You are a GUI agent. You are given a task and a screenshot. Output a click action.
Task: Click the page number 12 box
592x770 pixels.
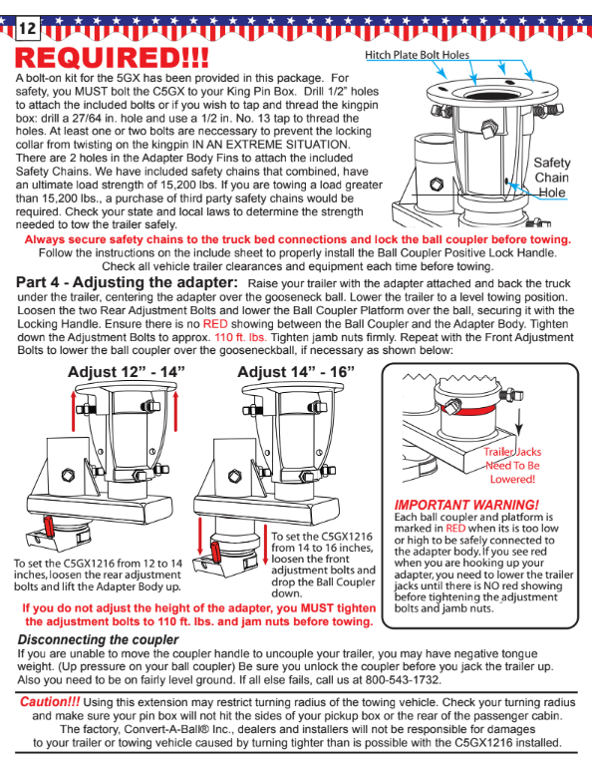tap(28, 28)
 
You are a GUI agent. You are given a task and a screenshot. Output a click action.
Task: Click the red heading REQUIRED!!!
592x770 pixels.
tap(113, 58)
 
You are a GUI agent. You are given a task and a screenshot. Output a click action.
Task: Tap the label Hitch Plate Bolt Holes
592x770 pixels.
tap(417, 55)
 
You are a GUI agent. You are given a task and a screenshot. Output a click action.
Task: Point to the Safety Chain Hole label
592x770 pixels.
tap(552, 178)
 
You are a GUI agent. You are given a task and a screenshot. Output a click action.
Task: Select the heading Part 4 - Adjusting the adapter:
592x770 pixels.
tap(128, 282)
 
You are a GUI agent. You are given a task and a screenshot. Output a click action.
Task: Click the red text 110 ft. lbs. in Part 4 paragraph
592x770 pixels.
tap(240, 337)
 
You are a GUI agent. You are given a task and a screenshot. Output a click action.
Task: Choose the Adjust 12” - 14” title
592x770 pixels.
tap(127, 372)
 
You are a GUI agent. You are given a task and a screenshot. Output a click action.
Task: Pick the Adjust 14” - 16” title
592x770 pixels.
tap(296, 372)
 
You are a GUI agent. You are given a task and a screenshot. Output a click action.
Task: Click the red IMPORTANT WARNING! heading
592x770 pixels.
tap(466, 505)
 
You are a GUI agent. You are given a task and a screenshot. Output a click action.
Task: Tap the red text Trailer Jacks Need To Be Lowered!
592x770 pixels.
tap(512, 465)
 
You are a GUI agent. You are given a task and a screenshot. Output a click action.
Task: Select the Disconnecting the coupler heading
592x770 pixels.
tap(99, 640)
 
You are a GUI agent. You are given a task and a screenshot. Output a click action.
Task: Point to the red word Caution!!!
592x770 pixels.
tap(50, 702)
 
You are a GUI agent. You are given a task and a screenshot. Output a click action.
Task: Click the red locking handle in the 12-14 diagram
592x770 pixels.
tap(49, 526)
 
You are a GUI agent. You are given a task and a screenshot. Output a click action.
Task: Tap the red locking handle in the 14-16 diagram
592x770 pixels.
tap(214, 553)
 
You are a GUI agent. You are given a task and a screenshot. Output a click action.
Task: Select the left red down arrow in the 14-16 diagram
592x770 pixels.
tap(199, 537)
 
